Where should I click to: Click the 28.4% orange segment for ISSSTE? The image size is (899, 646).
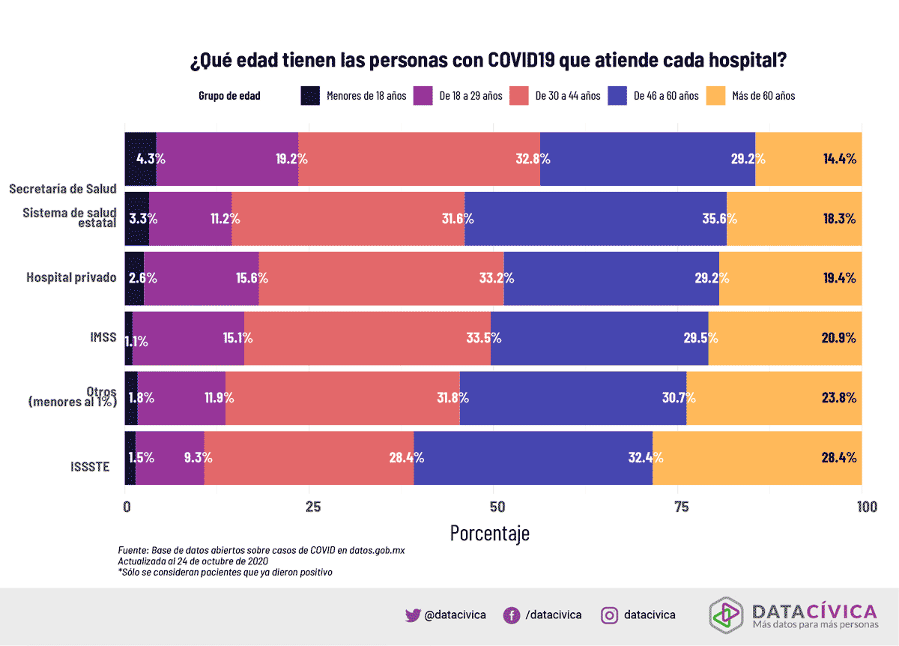click(757, 458)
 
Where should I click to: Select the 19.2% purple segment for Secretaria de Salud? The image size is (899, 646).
click(227, 159)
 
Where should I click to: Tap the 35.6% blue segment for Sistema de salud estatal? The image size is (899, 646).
click(596, 219)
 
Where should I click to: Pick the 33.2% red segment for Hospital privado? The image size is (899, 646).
click(381, 278)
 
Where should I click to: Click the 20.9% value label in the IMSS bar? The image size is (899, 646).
click(838, 338)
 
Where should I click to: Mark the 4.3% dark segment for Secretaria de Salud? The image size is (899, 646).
click(140, 159)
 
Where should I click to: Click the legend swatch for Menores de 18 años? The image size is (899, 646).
click(310, 96)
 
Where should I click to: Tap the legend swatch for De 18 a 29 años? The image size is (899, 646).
click(423, 96)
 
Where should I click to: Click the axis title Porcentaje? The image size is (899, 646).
click(489, 533)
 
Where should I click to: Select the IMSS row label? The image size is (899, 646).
click(103, 337)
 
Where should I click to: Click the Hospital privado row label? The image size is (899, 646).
click(71, 277)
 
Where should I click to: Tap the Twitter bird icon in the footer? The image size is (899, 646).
click(413, 615)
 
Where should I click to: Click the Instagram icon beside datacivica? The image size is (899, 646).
click(611, 615)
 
